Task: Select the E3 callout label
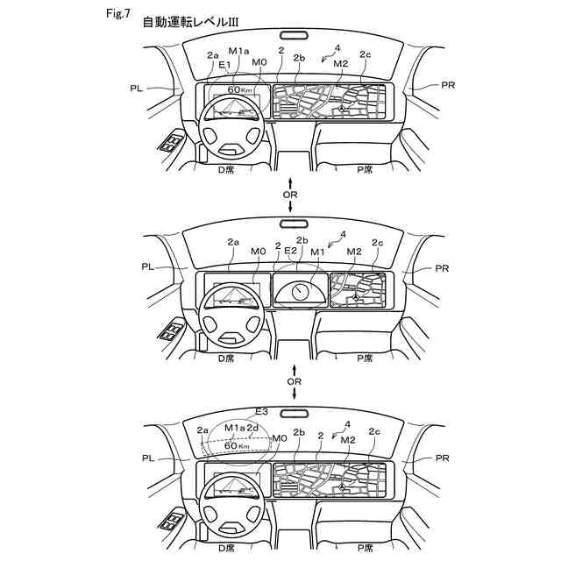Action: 261,411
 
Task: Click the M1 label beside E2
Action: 317,252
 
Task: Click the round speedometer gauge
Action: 300,288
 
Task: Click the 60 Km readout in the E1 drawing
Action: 239,90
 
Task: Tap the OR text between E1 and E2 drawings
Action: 293,193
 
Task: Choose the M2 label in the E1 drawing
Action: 341,64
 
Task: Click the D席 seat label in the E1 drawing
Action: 226,169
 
